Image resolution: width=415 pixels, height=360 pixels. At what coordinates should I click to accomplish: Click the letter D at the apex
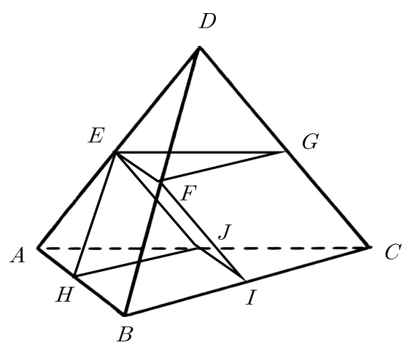[208, 21]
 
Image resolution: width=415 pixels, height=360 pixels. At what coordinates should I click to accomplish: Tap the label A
[18, 256]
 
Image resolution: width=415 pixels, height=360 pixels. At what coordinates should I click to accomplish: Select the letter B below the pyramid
[125, 334]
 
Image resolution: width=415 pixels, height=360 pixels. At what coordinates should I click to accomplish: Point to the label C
[394, 251]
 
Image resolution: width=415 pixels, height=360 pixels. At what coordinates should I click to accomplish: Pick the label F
[189, 193]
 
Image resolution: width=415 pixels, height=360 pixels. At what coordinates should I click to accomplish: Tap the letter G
[311, 141]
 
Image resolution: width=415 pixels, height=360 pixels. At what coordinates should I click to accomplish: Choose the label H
[64, 294]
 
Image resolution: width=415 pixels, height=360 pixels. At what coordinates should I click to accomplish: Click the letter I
[251, 297]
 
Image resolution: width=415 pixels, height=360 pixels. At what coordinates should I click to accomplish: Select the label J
[225, 232]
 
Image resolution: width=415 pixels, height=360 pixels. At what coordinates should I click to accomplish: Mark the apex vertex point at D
[199, 47]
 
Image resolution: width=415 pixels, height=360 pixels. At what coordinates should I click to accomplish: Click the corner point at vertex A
[39, 248]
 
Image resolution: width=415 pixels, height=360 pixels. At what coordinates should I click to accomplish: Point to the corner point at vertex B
[124, 315]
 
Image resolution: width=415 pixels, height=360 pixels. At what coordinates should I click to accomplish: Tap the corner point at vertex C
[369, 247]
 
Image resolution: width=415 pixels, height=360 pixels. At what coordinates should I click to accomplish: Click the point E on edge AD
[115, 152]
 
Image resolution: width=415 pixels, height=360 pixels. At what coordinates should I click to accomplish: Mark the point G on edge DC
[285, 152]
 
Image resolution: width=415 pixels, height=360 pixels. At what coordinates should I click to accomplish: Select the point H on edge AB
[74, 277]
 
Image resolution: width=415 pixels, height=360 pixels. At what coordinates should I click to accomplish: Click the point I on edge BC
[245, 281]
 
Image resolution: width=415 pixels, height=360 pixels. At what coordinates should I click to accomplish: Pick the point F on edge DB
[160, 181]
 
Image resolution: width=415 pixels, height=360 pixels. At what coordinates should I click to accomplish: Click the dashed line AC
[203, 248]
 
